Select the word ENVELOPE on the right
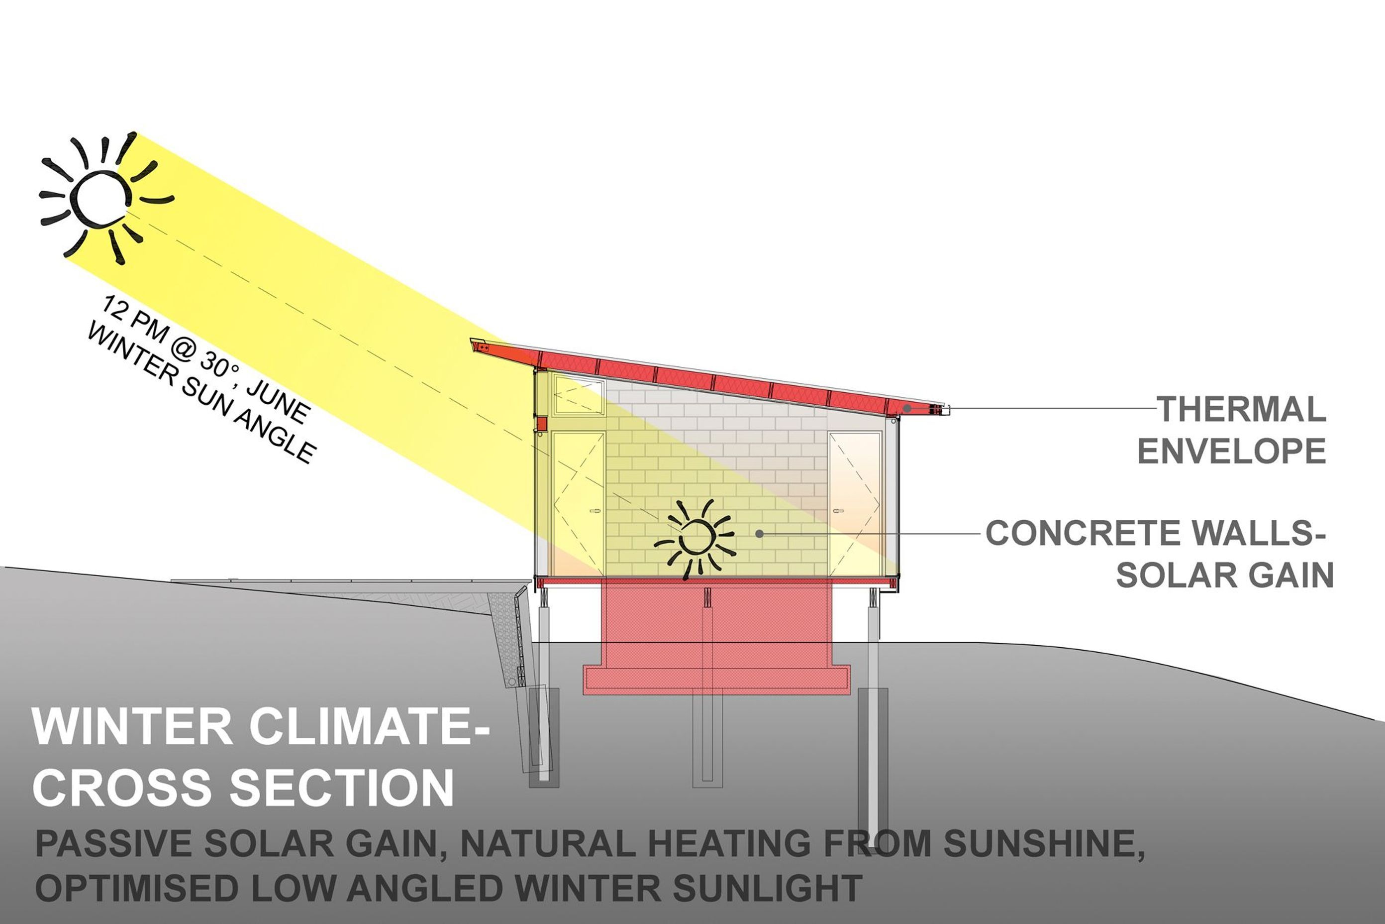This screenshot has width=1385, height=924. pos(1232,452)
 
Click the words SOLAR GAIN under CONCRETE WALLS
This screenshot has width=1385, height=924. pos(1225,575)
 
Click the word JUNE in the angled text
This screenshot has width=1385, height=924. pos(278,401)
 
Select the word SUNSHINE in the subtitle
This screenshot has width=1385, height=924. pos(1042,844)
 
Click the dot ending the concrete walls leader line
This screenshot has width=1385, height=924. pos(760,534)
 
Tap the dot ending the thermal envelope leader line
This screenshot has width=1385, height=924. pos(907,408)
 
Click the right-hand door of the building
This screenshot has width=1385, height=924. pos(855,504)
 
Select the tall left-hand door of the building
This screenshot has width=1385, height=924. pos(578,504)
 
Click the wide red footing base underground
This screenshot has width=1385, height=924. pos(716,680)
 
